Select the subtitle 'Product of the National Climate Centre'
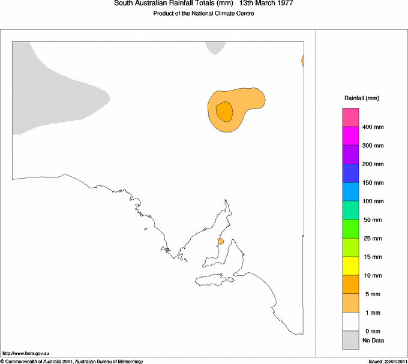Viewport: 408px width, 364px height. pyautogui.click(x=203, y=14)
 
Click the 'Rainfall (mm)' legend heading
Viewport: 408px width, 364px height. pyautogui.click(x=361, y=98)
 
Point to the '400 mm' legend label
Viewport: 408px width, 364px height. pyautogui.click(x=373, y=127)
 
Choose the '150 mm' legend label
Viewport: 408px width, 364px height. pyautogui.click(x=373, y=183)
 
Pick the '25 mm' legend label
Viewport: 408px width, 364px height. pyautogui.click(x=373, y=239)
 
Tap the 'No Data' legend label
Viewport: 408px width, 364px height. pyautogui.click(x=373, y=341)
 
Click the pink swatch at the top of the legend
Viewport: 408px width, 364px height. pyautogui.click(x=350, y=117)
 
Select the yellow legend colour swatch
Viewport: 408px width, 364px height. pyautogui.click(x=350, y=266)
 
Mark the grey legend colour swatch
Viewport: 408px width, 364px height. pyautogui.click(x=350, y=340)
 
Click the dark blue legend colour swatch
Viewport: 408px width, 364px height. pyautogui.click(x=350, y=173)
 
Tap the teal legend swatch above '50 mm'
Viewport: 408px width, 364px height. pyautogui.click(x=350, y=210)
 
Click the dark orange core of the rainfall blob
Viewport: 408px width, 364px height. pyautogui.click(x=224, y=110)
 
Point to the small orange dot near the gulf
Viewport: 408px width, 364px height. pyautogui.click(x=221, y=241)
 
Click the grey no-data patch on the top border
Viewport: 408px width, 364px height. pyautogui.click(x=215, y=47)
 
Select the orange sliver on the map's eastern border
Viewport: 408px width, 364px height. pyautogui.click(x=303, y=61)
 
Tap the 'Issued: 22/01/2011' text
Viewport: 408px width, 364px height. pyautogui.click(x=387, y=361)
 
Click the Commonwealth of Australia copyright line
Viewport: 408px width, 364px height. pyautogui.click(x=72, y=361)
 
